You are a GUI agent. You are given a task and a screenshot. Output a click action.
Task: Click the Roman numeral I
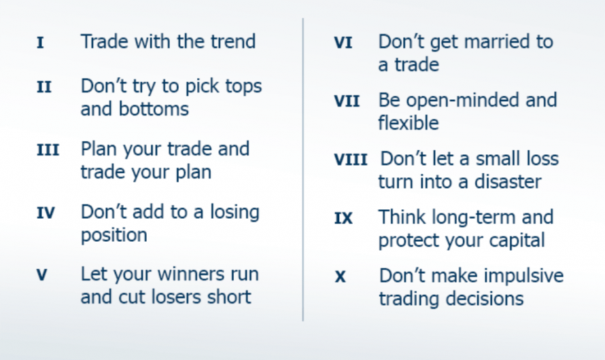[x=40, y=43]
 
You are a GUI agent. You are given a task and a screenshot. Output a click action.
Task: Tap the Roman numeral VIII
[x=350, y=160]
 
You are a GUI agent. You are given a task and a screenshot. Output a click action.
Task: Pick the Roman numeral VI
[x=343, y=43]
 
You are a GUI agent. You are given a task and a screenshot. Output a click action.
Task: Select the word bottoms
[x=153, y=109]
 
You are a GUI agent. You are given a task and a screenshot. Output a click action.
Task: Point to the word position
[x=114, y=235]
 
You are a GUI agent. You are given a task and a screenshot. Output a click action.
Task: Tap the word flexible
[x=409, y=123]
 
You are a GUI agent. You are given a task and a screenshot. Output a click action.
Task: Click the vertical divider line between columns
[x=302, y=170]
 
